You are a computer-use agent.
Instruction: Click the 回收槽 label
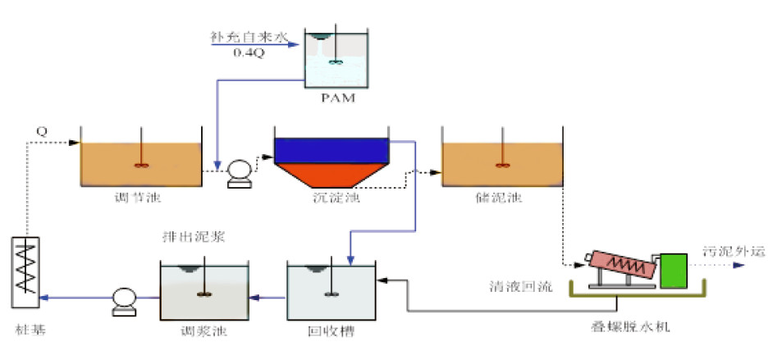coord(332,331)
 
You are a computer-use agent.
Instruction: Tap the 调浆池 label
coord(202,331)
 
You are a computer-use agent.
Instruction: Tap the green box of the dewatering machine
coord(673,270)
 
